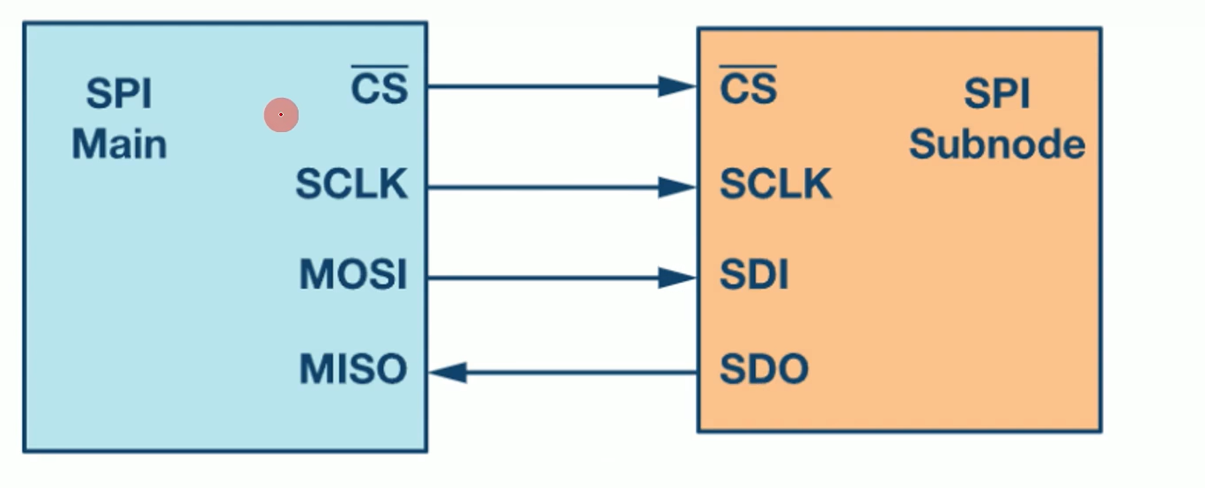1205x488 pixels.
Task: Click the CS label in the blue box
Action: (380, 89)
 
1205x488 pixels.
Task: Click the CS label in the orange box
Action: (748, 89)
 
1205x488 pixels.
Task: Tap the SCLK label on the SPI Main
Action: (351, 184)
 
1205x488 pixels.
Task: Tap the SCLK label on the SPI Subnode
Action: (775, 184)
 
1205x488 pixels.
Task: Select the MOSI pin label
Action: (353, 276)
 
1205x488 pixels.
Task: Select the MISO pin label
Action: (353, 369)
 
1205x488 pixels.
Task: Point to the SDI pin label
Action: (753, 277)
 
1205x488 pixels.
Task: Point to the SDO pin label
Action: (764, 369)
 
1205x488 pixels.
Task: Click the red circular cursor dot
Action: (281, 115)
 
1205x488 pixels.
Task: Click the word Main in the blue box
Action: (119, 144)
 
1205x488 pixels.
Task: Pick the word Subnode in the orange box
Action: (996, 144)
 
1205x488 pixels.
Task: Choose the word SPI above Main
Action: (119, 93)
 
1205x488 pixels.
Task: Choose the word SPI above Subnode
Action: (996, 93)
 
